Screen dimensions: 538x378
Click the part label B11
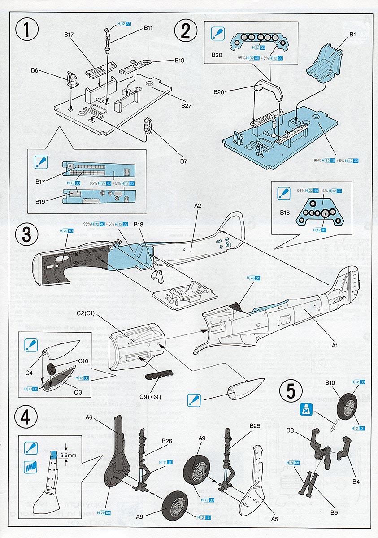pyautogui.click(x=148, y=28)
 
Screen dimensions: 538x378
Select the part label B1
pyautogui.click(x=352, y=35)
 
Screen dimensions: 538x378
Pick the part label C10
pyautogui.click(x=83, y=360)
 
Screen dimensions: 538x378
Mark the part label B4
pyautogui.click(x=356, y=469)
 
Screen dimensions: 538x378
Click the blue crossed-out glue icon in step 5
pyautogui.click(x=305, y=410)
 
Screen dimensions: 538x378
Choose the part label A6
pyautogui.click(x=88, y=417)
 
